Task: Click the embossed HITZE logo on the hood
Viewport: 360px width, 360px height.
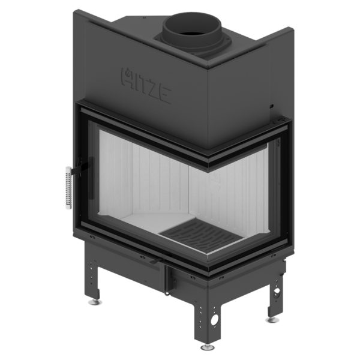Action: [146, 85]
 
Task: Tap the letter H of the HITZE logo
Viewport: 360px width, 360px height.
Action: [127, 77]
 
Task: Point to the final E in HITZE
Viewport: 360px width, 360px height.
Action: [164, 95]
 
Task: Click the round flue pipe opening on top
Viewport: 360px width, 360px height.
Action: [192, 26]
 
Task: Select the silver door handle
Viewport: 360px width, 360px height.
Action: [68, 187]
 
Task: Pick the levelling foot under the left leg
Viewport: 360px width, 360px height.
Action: [95, 302]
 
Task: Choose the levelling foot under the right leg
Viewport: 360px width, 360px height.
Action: [271, 320]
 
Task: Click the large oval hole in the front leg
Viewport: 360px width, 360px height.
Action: [215, 319]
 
